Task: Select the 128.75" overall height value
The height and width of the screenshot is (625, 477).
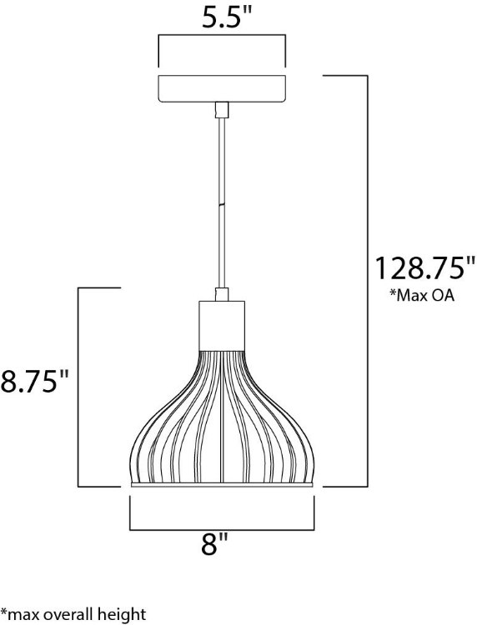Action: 424,270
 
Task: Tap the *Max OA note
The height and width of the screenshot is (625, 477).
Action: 422,296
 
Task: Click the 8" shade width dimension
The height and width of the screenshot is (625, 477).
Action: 216,547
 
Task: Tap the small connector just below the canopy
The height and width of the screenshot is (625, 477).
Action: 221,109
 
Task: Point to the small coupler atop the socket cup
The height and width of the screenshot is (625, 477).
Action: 221,294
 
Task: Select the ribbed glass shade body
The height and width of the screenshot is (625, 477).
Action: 221,417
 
